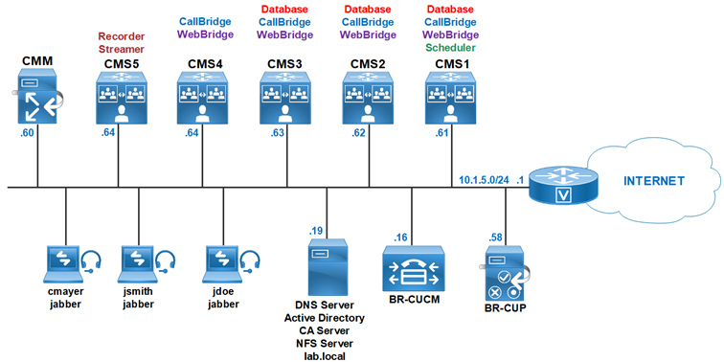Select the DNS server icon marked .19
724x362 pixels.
[x=325, y=268]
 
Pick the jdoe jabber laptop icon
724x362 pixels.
[x=221, y=261]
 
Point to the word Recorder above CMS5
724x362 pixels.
[x=122, y=35]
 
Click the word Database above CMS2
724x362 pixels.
[x=368, y=9]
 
